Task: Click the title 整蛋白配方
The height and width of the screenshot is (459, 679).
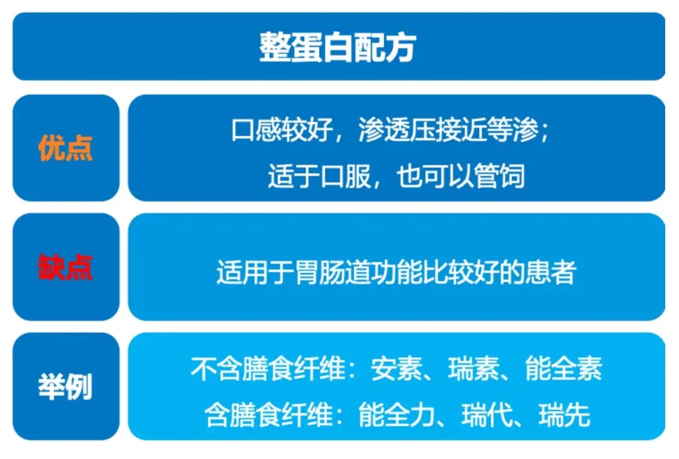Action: click(x=338, y=47)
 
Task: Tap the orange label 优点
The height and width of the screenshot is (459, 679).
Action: click(x=65, y=148)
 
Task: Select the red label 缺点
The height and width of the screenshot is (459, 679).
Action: click(x=65, y=267)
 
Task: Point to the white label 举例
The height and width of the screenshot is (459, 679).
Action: click(x=65, y=386)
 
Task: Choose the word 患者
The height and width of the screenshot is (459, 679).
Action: click(x=550, y=272)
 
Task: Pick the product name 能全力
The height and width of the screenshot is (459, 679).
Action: click(x=397, y=415)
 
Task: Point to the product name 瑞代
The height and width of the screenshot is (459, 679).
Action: click(x=487, y=415)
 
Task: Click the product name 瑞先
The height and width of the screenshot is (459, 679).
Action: click(x=564, y=415)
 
